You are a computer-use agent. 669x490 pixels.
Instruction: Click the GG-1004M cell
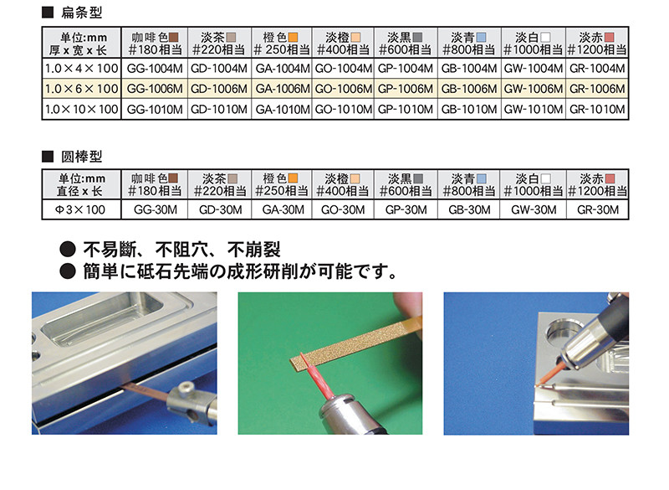(155, 69)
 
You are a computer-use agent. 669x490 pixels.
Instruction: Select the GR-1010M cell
(597, 110)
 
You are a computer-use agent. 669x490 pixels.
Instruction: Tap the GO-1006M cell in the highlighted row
(344, 89)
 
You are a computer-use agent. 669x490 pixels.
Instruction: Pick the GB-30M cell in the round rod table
(469, 209)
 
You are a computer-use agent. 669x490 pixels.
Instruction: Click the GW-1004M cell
(534, 69)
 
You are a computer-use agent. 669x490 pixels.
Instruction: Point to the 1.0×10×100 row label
(81, 110)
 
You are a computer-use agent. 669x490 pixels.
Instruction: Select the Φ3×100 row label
(80, 209)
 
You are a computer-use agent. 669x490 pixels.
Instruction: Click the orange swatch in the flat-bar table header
(293, 37)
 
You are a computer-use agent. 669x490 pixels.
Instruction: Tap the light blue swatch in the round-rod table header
(482, 178)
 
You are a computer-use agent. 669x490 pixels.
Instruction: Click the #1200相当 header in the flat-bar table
(597, 50)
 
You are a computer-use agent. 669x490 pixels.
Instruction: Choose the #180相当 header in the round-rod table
(155, 191)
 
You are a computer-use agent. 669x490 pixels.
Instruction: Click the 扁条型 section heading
(81, 13)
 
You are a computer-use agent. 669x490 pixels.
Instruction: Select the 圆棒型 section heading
(81, 157)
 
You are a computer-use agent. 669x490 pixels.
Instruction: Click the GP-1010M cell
(406, 110)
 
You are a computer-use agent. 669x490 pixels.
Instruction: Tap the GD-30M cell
(221, 209)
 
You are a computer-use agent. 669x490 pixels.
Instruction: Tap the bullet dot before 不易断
(68, 249)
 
